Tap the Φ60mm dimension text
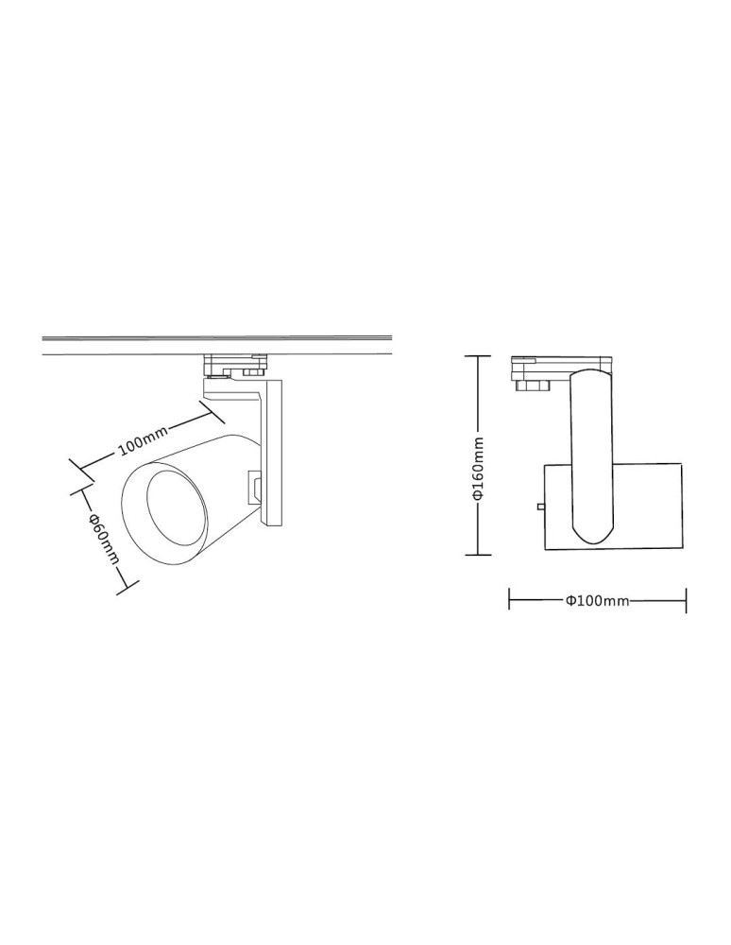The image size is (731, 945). pyautogui.click(x=103, y=539)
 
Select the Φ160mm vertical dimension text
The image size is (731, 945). pyautogui.click(x=479, y=469)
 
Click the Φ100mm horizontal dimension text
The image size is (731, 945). pyautogui.click(x=597, y=600)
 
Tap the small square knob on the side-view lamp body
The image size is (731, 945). pyautogui.click(x=539, y=507)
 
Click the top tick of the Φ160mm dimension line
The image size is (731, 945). pyautogui.click(x=479, y=356)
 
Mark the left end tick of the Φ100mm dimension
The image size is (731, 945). pyautogui.click(x=510, y=600)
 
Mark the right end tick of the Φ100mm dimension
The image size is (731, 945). pyautogui.click(x=686, y=600)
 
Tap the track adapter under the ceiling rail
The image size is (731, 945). pyautogui.click(x=236, y=363)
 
